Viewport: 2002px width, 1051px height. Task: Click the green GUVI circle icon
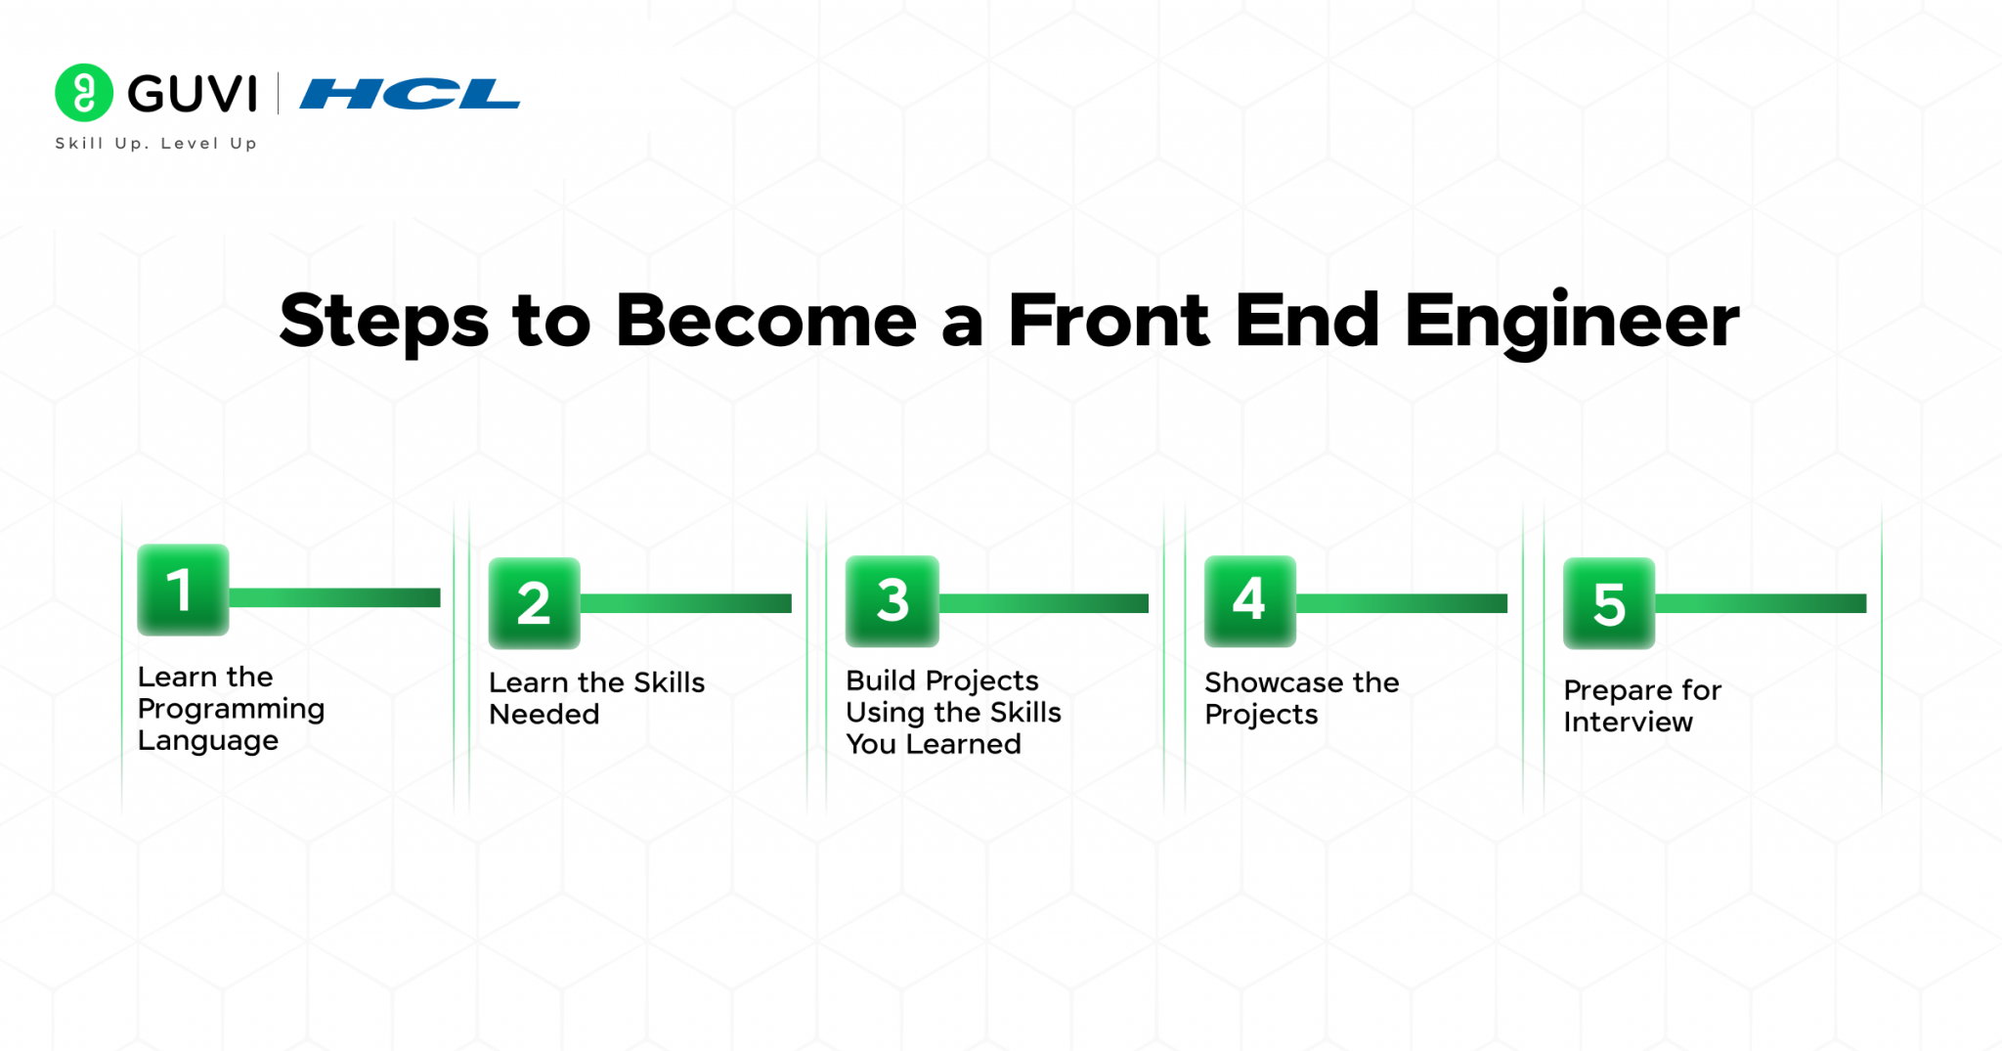pos(84,93)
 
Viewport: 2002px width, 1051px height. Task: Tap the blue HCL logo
pos(410,94)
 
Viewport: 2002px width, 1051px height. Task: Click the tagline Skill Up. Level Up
pos(155,144)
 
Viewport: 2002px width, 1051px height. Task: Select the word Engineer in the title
pos(1571,322)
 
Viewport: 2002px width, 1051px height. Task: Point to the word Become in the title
pos(766,322)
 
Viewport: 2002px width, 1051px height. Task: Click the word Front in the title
pos(1109,322)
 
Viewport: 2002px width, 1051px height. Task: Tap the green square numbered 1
pos(183,590)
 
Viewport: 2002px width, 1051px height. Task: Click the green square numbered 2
pos(534,603)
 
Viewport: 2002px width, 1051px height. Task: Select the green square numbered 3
pos(892,600)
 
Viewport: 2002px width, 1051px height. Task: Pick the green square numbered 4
pos(1249,600)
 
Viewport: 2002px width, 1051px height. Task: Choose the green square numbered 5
pos(1608,603)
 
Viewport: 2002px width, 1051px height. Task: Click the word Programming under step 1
pos(231,710)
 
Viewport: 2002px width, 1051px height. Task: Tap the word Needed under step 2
pos(544,715)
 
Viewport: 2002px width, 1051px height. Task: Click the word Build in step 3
pos(880,680)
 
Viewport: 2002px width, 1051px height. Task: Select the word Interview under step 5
pos(1627,723)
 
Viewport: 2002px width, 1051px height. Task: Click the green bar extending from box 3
pos(1043,603)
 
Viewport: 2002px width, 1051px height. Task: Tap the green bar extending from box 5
pos(1760,603)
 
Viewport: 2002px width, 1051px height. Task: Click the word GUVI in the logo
pos(192,94)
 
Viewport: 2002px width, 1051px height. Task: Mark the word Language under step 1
pos(207,741)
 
